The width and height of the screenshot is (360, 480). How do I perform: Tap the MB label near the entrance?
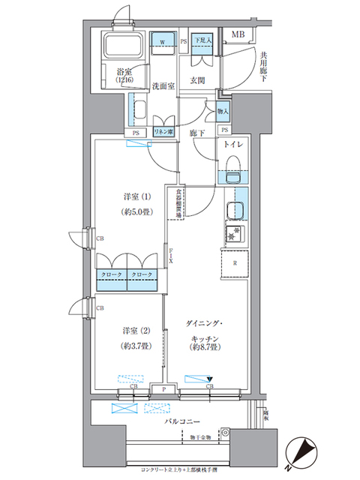pyautogui.click(x=237, y=34)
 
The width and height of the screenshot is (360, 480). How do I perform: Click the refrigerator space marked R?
pyautogui.click(x=236, y=263)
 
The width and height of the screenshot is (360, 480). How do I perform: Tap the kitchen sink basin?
pyautogui.click(x=236, y=211)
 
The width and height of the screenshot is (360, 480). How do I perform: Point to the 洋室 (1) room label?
pyautogui.click(x=137, y=196)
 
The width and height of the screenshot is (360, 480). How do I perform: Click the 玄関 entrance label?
pyautogui.click(x=197, y=79)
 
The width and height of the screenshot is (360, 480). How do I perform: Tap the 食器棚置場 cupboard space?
pyautogui.click(x=178, y=203)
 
